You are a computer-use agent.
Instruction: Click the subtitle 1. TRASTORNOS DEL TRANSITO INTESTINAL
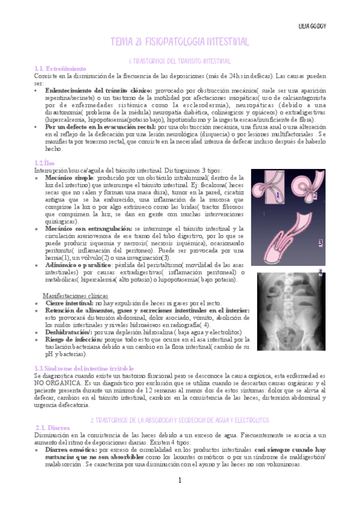click(x=180, y=61)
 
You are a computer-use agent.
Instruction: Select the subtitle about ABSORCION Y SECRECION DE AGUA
click(x=179, y=420)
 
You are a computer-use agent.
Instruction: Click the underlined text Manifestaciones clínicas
click(x=75, y=295)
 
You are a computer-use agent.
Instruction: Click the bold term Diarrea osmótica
click(x=71, y=449)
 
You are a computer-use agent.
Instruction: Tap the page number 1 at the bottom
click(x=179, y=480)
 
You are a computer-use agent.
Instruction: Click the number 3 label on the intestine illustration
click(x=320, y=243)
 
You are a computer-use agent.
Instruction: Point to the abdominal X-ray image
click(x=291, y=311)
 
